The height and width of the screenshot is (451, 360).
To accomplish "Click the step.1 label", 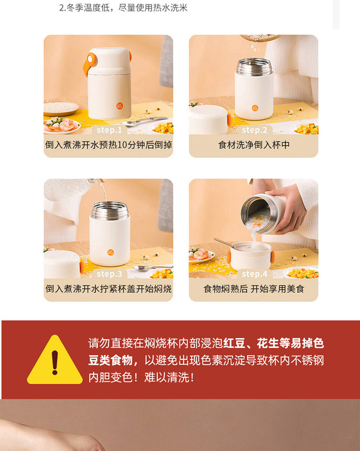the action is (x=109, y=130).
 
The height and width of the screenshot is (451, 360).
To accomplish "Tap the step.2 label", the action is (x=254, y=130).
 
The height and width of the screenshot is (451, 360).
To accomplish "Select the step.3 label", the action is (x=109, y=274).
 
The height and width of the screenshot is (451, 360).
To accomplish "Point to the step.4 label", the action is (x=255, y=274).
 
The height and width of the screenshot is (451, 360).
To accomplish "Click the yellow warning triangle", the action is (x=55, y=360).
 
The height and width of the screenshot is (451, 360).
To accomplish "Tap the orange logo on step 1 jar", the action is (x=120, y=106).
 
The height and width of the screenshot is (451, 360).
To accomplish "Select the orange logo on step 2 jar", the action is (x=255, y=108).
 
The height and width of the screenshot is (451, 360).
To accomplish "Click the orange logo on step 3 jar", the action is (x=110, y=252).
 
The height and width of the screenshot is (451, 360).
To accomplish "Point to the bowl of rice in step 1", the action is (x=61, y=109).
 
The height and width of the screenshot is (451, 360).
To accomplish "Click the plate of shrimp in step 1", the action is (x=61, y=126).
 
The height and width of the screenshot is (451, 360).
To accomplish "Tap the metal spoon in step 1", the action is (x=144, y=121).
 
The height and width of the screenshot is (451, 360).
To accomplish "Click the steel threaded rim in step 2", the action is (x=254, y=67).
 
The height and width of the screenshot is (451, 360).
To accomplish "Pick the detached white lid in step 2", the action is (x=209, y=119).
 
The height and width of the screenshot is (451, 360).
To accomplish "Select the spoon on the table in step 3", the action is (x=153, y=268).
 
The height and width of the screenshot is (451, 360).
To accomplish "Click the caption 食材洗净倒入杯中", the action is (x=254, y=145).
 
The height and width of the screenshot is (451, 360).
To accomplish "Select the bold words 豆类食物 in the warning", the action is (x=110, y=360).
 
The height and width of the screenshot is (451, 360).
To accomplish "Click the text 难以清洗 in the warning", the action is (x=167, y=378).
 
